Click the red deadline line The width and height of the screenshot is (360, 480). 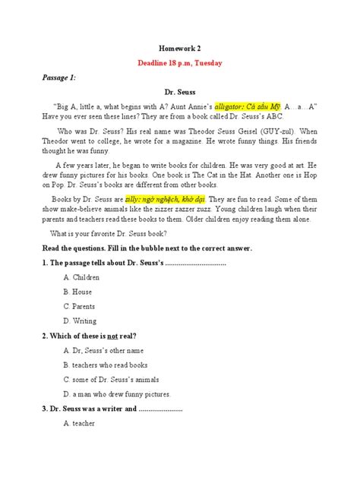tap(181, 63)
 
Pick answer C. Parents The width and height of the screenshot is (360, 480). tap(81, 306)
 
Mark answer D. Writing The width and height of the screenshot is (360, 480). tap(81, 321)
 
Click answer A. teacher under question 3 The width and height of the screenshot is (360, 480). tap(80, 424)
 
